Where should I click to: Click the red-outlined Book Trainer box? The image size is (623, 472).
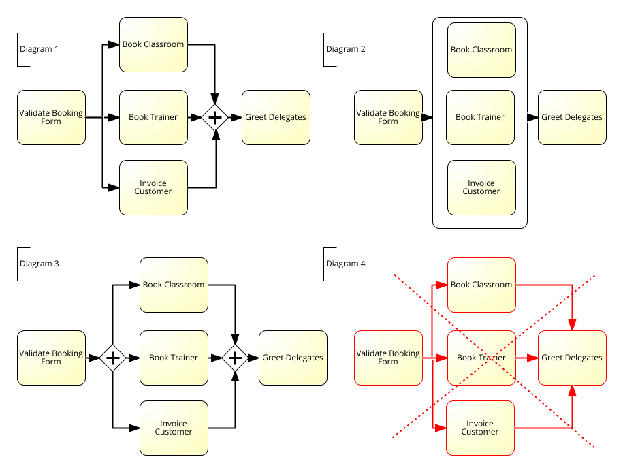(x=481, y=358)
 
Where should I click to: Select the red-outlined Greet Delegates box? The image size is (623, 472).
(x=572, y=358)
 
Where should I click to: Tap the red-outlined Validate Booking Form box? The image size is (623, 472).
(x=388, y=358)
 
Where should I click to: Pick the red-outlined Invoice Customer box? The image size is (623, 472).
(x=480, y=428)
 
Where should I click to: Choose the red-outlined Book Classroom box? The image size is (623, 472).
(x=481, y=285)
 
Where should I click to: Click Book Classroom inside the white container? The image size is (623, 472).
(x=481, y=50)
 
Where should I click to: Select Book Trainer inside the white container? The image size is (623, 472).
(x=480, y=117)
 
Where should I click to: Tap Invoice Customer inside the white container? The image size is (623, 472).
(x=481, y=187)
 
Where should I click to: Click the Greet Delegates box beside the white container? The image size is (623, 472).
(x=572, y=117)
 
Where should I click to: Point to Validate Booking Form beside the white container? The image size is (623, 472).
(x=388, y=117)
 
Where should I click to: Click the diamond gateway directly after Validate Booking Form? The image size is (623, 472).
(x=112, y=358)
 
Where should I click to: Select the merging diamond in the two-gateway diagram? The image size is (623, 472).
(x=235, y=358)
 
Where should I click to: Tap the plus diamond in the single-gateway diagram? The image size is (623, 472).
(x=215, y=117)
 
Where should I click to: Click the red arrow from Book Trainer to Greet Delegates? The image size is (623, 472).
(x=526, y=358)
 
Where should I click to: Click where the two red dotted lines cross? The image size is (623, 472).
(x=495, y=358)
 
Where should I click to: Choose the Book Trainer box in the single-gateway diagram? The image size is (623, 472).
(x=153, y=117)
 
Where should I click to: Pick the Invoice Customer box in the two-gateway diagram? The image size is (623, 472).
(x=174, y=428)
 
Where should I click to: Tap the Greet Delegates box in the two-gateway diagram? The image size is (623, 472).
(x=293, y=358)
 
